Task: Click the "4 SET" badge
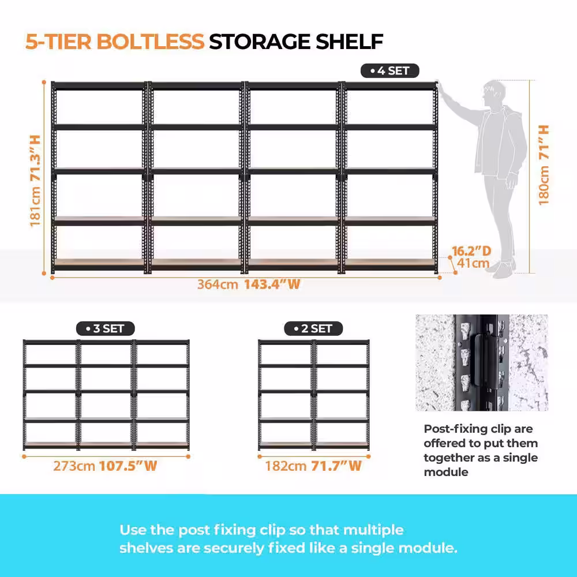[389, 70]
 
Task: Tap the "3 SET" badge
[105, 328]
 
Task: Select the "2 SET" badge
[313, 328]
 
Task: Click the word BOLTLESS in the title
[151, 41]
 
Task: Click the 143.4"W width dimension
[272, 284]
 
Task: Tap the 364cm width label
[218, 284]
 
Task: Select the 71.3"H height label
[35, 158]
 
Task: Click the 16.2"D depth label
[471, 251]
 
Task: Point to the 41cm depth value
[473, 263]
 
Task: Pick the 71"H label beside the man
[544, 142]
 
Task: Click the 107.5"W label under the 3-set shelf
[128, 466]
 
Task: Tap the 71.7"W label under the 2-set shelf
[336, 466]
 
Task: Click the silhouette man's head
[494, 92]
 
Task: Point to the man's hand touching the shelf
[441, 88]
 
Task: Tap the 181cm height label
[35, 207]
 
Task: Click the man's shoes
[504, 269]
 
